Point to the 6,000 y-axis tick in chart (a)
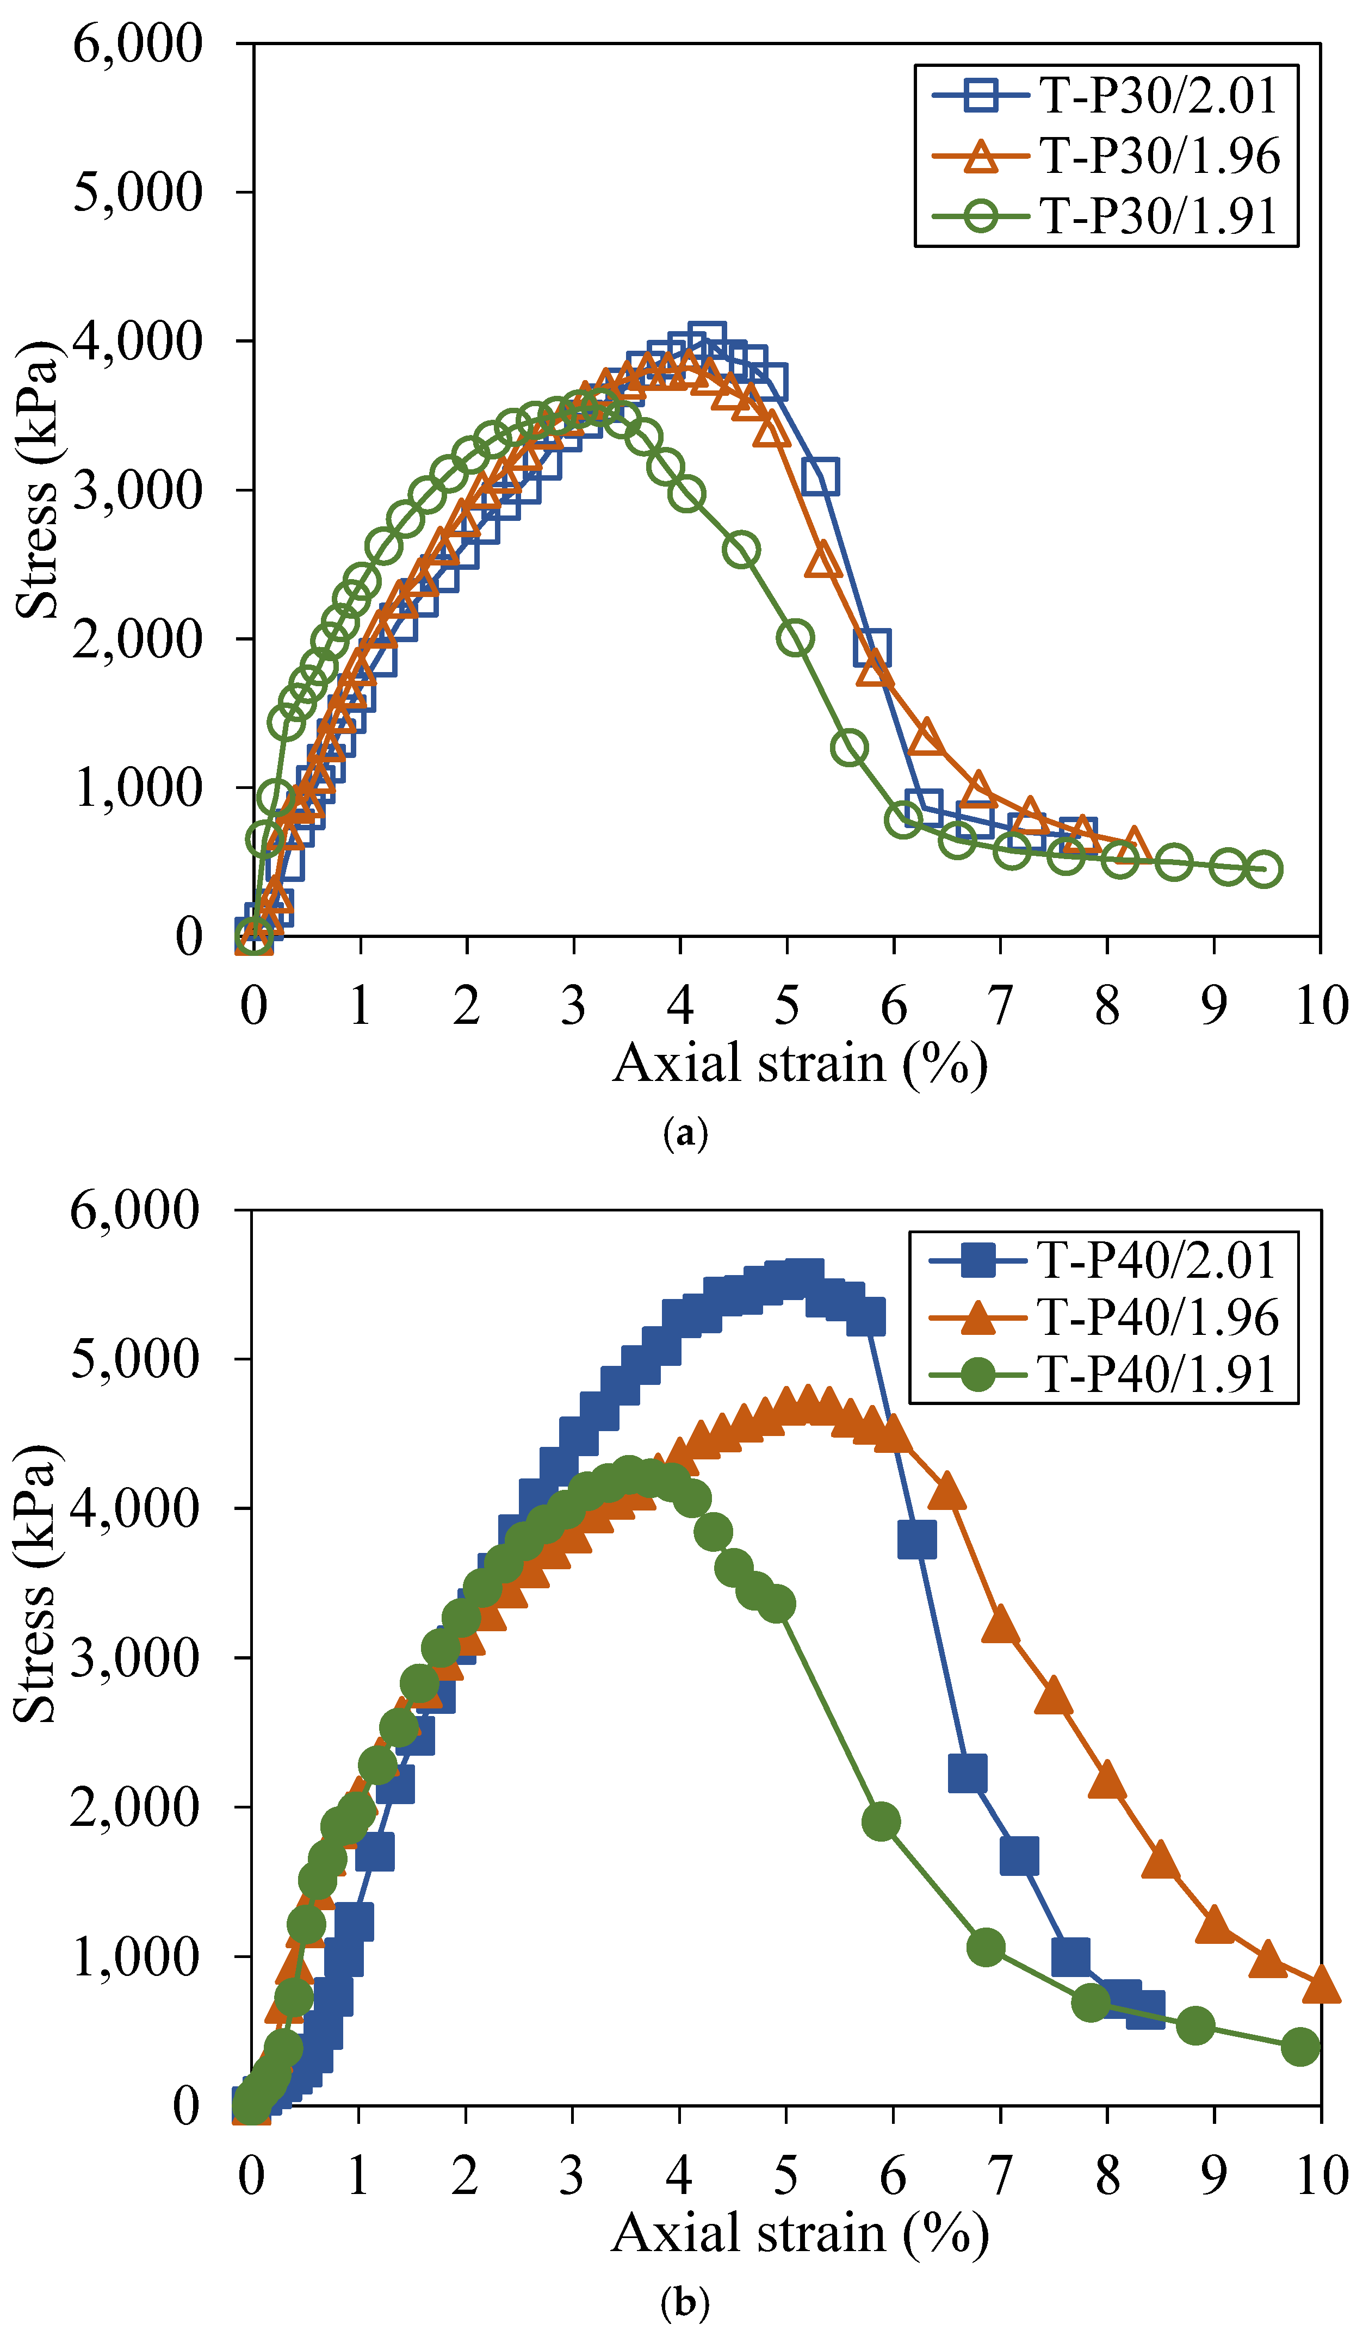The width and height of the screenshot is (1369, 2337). [137, 43]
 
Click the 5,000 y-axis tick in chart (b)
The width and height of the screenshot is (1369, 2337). [135, 1359]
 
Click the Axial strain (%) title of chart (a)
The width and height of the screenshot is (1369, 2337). [800, 1064]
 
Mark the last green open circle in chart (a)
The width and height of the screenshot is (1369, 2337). [1264, 869]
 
